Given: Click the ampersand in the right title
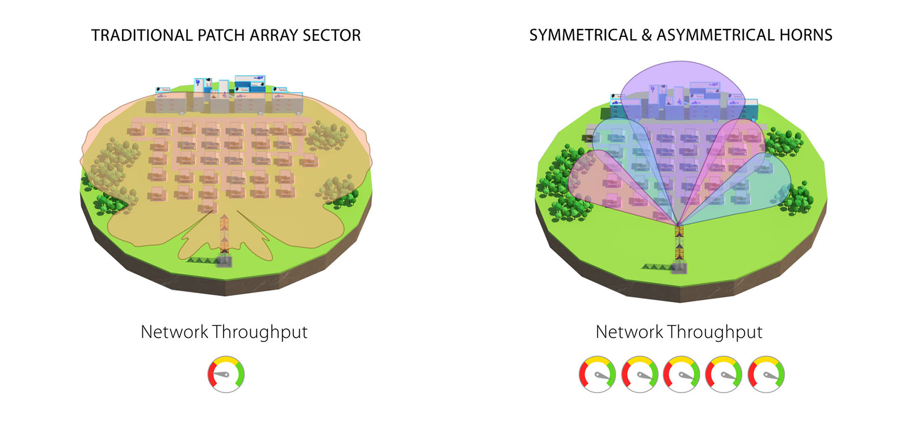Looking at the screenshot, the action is pyautogui.click(x=646, y=35).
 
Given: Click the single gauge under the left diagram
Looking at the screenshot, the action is pyautogui.click(x=226, y=374).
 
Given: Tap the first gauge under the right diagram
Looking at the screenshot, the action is pyautogui.click(x=597, y=374).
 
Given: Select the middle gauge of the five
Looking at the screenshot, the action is pyautogui.click(x=682, y=374).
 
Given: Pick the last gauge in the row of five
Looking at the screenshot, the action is pyautogui.click(x=766, y=374).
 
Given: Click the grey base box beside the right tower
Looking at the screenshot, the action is pyautogui.click(x=679, y=268).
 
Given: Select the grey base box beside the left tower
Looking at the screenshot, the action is pyautogui.click(x=224, y=261).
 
